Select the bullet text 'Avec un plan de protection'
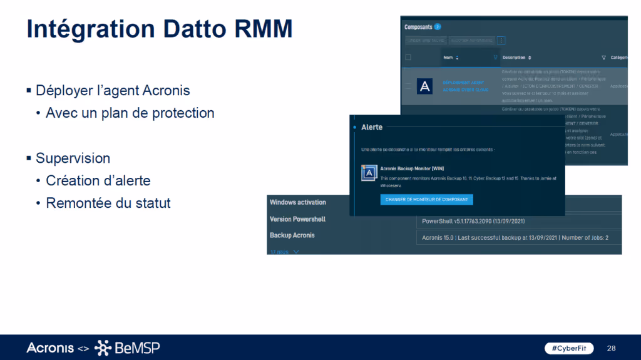(x=130, y=113)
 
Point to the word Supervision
(x=73, y=158)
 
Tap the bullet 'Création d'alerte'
(x=98, y=180)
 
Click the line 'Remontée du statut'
(x=108, y=203)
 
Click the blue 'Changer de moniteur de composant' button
(x=426, y=200)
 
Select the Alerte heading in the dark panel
(x=372, y=127)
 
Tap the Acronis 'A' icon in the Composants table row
(x=424, y=86)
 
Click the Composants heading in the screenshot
(x=418, y=27)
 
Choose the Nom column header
(x=448, y=58)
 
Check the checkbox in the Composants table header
(x=408, y=58)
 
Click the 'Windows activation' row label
(x=297, y=202)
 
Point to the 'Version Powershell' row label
(x=297, y=219)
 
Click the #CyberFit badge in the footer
(x=560, y=347)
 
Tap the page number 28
(x=612, y=347)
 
